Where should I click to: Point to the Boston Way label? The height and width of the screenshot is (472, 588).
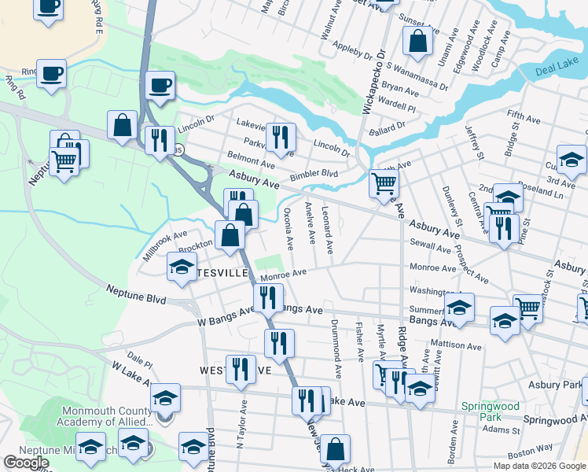tap(524, 455)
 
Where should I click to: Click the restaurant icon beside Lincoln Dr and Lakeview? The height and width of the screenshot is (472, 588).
tap(280, 138)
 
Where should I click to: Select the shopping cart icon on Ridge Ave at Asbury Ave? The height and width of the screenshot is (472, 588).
tap(384, 183)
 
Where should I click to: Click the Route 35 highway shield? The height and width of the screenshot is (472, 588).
tap(179, 149)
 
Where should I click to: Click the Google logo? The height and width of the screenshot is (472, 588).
tap(26, 463)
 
